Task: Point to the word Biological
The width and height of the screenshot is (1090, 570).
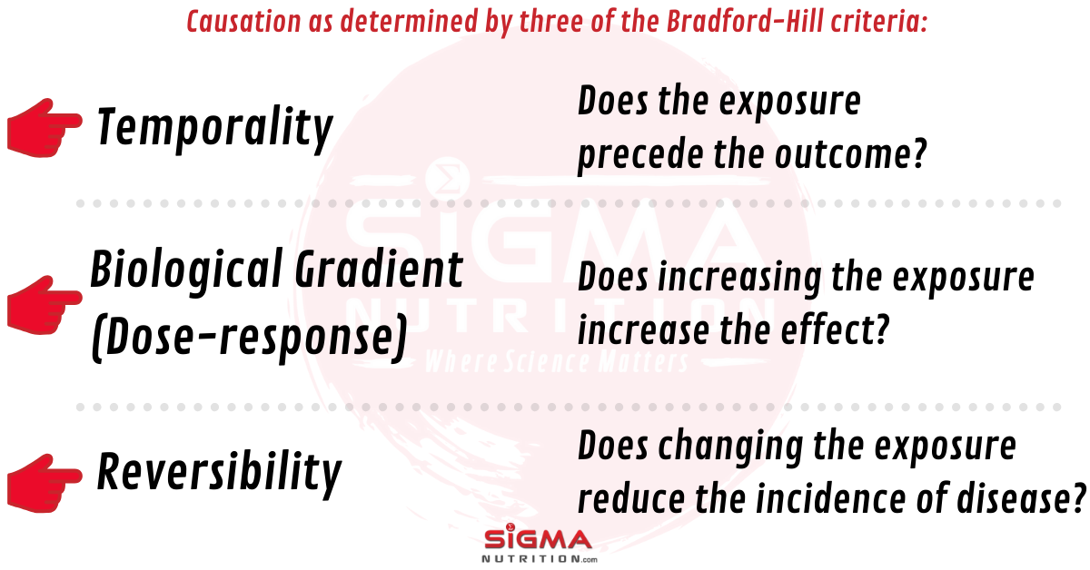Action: (x=186, y=271)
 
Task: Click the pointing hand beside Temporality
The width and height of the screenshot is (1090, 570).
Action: (x=45, y=128)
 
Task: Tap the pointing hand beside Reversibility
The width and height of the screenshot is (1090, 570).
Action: (x=45, y=484)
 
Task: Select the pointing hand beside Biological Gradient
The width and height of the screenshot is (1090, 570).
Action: (x=45, y=306)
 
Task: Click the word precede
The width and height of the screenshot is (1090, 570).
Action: (x=639, y=155)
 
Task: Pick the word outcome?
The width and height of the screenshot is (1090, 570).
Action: (x=851, y=153)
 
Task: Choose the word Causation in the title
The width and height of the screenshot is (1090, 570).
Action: (x=243, y=21)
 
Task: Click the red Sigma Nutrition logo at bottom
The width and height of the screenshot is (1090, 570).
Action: (x=539, y=544)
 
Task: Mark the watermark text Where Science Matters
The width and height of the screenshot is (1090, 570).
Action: (x=557, y=361)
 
